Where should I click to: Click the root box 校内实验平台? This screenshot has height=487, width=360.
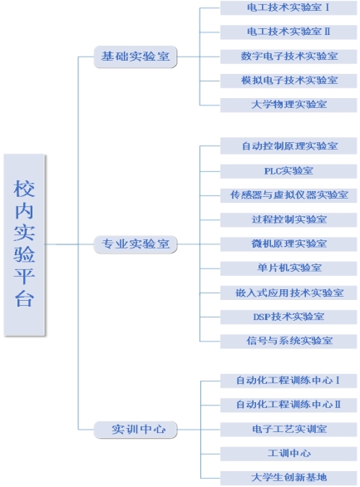pyautogui.click(x=25, y=244)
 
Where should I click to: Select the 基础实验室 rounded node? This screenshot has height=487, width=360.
pyautogui.click(x=136, y=57)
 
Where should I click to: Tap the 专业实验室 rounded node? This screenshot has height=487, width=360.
pyautogui.click(x=136, y=244)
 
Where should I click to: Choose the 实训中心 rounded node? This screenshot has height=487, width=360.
pyautogui.click(x=136, y=430)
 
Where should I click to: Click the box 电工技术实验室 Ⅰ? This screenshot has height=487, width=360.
pyautogui.click(x=288, y=7)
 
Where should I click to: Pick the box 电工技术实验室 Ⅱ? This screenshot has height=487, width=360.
pyautogui.click(x=288, y=32)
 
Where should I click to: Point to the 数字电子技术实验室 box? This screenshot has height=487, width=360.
pyautogui.click(x=288, y=57)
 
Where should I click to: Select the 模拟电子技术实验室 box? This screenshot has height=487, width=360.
pyautogui.click(x=288, y=81)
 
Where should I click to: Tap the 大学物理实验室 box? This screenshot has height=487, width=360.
pyautogui.click(x=288, y=105)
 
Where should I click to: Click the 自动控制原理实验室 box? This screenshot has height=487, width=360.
pyautogui.click(x=288, y=146)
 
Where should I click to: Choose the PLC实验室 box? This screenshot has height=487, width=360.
pyautogui.click(x=288, y=171)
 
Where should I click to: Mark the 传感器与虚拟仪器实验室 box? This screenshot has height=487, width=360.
pyautogui.click(x=288, y=195)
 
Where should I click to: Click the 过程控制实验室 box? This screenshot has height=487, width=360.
pyautogui.click(x=288, y=220)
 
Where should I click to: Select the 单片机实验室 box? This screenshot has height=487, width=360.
pyautogui.click(x=288, y=268)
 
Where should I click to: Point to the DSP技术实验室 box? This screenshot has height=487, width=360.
pyautogui.click(x=288, y=317)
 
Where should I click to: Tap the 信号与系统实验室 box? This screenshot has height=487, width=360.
pyautogui.click(x=288, y=342)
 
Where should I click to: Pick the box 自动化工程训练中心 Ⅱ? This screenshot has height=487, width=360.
pyautogui.click(x=288, y=405)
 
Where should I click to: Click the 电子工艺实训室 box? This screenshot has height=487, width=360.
pyautogui.click(x=288, y=430)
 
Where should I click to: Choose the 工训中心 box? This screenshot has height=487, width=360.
pyautogui.click(x=288, y=454)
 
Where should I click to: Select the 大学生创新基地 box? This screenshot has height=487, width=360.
pyautogui.click(x=288, y=478)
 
